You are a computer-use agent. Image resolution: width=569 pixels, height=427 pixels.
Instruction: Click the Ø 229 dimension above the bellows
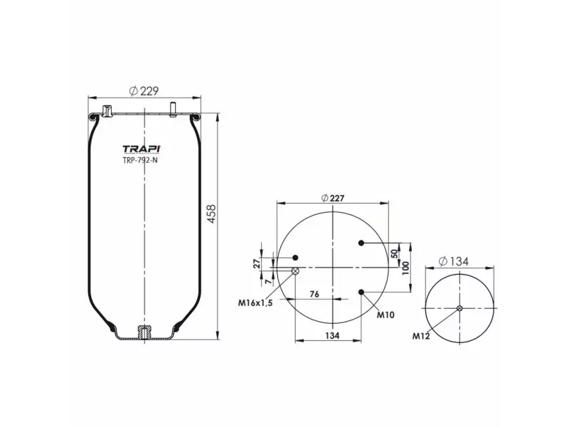[143, 90]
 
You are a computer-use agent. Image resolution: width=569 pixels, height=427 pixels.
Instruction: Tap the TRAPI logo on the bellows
[142, 149]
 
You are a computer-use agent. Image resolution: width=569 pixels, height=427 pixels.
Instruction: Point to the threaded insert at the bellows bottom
[144, 332]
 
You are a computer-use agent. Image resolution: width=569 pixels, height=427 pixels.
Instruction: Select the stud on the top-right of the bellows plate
[173, 109]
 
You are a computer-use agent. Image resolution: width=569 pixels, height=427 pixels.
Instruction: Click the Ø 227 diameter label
[333, 199]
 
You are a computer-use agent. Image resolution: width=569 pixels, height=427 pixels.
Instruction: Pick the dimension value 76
[314, 294]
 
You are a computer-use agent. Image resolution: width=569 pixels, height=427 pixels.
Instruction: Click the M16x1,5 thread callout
[254, 302]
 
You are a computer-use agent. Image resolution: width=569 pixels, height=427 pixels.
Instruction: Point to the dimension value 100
[405, 268]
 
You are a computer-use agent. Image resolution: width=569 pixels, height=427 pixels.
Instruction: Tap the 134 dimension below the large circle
[331, 334]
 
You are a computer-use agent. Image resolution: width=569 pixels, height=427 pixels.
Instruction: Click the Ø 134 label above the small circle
[455, 261]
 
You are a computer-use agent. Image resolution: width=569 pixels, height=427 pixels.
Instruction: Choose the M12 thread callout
[420, 335]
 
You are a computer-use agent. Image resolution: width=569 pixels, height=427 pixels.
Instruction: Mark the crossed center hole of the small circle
[459, 307]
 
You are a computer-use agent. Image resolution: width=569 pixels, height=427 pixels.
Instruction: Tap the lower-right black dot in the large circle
[363, 292]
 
